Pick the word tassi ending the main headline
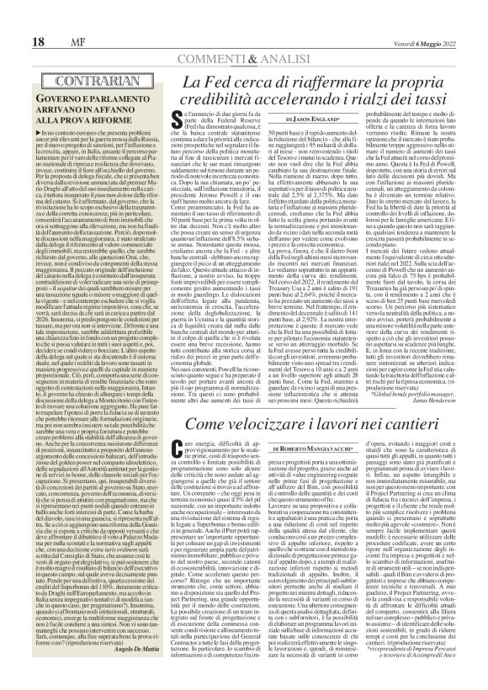click(435, 102)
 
